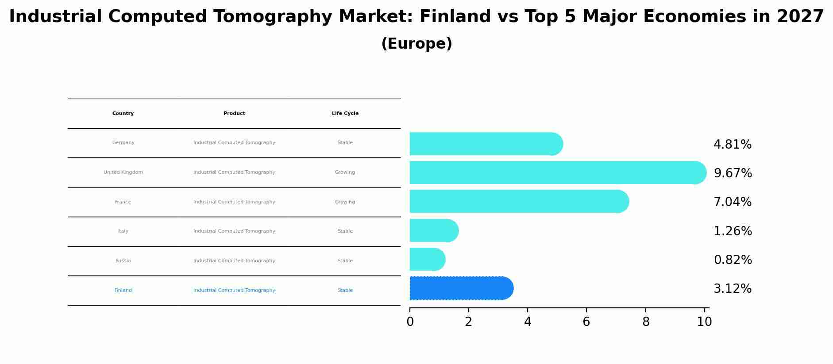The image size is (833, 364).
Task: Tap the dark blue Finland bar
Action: (461, 288)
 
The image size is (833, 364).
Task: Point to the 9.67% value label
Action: (733, 173)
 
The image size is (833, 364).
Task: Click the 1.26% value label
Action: (733, 231)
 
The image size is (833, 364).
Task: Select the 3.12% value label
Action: (733, 289)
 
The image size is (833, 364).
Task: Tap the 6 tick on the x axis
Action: (586, 322)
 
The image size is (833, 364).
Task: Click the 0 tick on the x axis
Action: (410, 322)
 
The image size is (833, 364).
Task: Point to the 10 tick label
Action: (704, 322)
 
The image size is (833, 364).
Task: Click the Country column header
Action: (123, 114)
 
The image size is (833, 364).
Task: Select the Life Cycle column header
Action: (345, 114)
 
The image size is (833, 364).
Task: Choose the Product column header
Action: (234, 114)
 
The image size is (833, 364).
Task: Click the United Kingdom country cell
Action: (123, 172)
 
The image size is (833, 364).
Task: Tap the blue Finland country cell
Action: (123, 291)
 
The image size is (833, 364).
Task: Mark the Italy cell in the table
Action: (123, 231)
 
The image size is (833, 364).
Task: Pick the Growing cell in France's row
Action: (345, 202)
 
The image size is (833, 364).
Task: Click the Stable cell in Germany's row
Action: (345, 143)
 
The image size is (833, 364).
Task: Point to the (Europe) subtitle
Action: (416, 44)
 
